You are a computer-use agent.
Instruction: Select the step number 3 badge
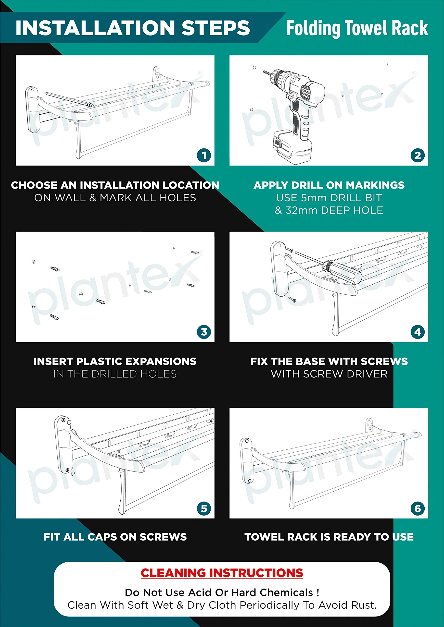[x=204, y=332]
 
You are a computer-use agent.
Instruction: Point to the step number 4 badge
[x=418, y=332]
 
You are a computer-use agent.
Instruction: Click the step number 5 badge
[x=204, y=508]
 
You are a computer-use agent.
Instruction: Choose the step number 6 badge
[x=418, y=508]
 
